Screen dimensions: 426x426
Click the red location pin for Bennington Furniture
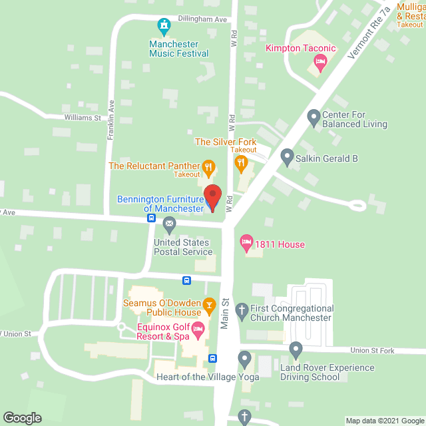click(212, 198)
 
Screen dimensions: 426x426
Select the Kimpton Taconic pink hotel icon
click(319, 63)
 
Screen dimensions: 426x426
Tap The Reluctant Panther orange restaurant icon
click(208, 166)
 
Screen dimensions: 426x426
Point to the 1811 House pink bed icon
click(246, 244)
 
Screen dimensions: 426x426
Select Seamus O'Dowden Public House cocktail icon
click(209, 306)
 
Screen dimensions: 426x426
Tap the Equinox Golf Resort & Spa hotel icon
click(198, 329)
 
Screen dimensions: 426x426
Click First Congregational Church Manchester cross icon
click(242, 310)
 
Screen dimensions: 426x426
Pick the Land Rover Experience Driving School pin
click(296, 348)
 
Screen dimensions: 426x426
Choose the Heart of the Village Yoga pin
click(245, 359)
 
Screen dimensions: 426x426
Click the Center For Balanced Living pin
click(314, 118)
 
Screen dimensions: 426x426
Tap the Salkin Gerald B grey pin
click(287, 157)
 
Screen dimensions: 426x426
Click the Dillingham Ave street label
click(203, 19)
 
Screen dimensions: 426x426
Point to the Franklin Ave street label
click(112, 119)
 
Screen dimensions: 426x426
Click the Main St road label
click(225, 313)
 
